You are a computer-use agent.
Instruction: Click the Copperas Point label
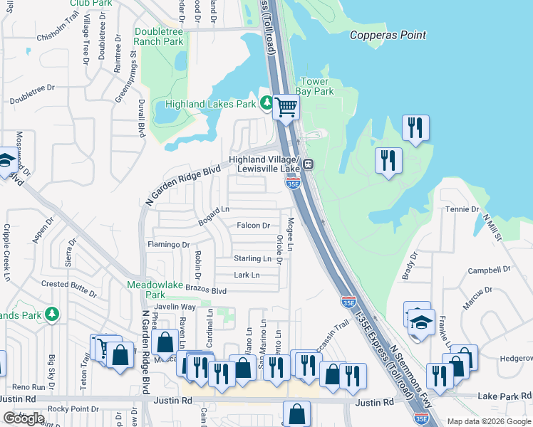click(x=388, y=35)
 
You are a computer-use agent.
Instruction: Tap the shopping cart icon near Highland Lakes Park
click(x=286, y=107)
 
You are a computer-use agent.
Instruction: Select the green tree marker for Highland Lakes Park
click(x=266, y=104)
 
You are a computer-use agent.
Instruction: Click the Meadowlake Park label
click(x=155, y=289)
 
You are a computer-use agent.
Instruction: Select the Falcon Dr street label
click(x=253, y=226)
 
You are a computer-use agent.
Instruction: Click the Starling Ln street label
click(x=252, y=258)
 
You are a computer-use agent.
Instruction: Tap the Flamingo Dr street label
click(x=168, y=244)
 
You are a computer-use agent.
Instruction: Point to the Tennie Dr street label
click(x=463, y=209)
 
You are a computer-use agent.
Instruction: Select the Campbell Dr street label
click(x=490, y=270)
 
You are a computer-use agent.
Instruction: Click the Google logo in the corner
click(x=24, y=418)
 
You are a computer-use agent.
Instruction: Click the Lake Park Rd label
click(x=504, y=396)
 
